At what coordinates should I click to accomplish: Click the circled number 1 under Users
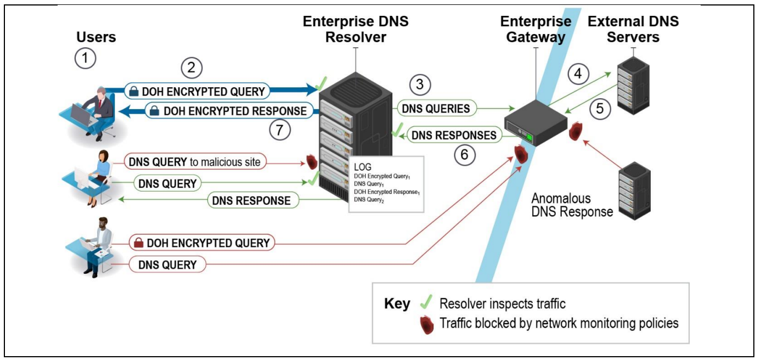[x=85, y=58]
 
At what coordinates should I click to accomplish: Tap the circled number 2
[x=191, y=69]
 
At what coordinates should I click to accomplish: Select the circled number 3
[x=419, y=85]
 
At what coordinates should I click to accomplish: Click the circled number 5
[x=600, y=109]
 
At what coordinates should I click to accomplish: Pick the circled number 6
[x=465, y=155]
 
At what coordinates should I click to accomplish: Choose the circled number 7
[x=280, y=130]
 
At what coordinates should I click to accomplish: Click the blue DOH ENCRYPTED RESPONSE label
[x=228, y=111]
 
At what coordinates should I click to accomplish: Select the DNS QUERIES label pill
[x=436, y=109]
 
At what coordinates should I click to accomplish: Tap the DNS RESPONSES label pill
[x=454, y=134]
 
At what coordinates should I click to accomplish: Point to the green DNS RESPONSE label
[x=253, y=200]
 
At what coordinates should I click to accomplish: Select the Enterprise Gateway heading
[x=535, y=30]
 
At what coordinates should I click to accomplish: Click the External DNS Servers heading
[x=633, y=30]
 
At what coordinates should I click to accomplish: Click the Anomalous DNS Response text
[x=572, y=205]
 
